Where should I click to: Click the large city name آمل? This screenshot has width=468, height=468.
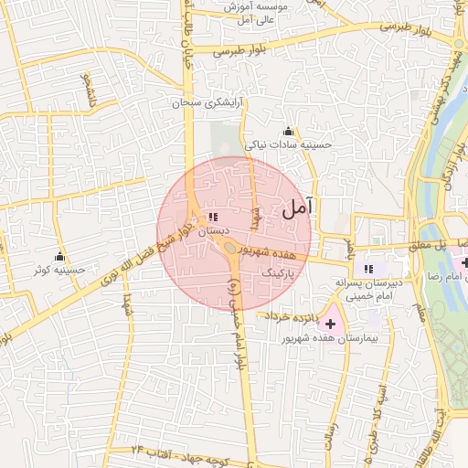tap(297, 207)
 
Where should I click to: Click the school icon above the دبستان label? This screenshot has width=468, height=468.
tap(212, 218)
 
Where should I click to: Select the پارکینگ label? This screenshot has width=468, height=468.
tap(278, 272)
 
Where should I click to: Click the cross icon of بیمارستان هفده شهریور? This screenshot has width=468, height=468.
tap(330, 324)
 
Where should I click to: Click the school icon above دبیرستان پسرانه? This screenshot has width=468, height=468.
tap(368, 270)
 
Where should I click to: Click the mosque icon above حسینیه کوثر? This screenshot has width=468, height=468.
tap(60, 256)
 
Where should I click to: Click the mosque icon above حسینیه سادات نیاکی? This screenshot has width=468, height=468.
tap(289, 131)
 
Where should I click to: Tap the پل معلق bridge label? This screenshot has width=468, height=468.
tap(426, 244)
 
